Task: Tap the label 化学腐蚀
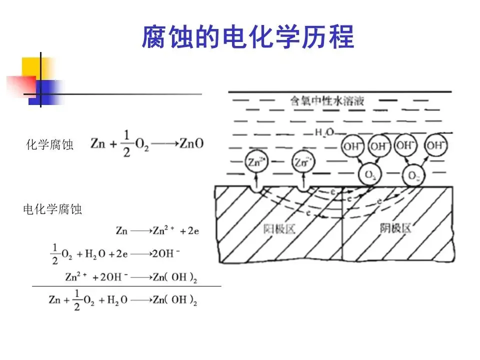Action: point(50,145)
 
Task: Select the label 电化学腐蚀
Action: point(52,209)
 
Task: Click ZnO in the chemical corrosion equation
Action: point(192,143)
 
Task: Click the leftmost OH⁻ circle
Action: point(351,146)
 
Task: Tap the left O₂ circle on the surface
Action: point(370,175)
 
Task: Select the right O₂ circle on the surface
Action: point(413,175)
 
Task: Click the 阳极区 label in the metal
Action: point(279,229)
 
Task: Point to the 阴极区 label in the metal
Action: point(394,228)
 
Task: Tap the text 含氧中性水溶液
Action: point(327,101)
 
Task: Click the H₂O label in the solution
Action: point(324,132)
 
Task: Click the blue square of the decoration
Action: point(42,92)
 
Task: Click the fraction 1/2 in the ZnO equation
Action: point(126,143)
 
